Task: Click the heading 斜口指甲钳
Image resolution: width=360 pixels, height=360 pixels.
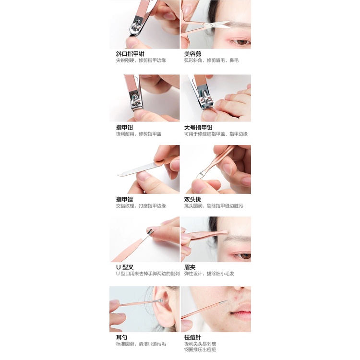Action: [x=130, y=54]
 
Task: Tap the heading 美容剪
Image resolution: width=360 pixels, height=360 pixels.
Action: [x=192, y=54]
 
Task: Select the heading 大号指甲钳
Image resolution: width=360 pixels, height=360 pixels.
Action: [x=198, y=127]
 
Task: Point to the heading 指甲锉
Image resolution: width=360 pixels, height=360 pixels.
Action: [x=124, y=199]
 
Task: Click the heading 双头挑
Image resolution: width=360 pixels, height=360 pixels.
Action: [x=192, y=199]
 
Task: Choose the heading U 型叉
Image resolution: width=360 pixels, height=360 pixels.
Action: [x=125, y=267]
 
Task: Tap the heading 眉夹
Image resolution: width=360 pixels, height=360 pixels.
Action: [x=190, y=267]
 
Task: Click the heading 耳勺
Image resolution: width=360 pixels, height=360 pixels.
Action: [x=121, y=337]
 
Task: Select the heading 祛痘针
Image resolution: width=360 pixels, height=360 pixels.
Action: [x=192, y=337]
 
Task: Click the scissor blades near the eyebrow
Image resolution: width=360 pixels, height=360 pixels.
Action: [x=221, y=25]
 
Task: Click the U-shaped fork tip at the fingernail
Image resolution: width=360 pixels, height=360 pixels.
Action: [x=149, y=230]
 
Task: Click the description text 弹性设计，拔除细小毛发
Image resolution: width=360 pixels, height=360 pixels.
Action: [x=209, y=274]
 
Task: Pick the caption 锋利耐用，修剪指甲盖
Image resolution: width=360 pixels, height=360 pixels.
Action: [x=139, y=134]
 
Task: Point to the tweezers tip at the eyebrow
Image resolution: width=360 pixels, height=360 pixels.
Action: [x=226, y=232]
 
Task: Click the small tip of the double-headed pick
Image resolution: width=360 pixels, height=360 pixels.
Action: [x=199, y=176]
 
